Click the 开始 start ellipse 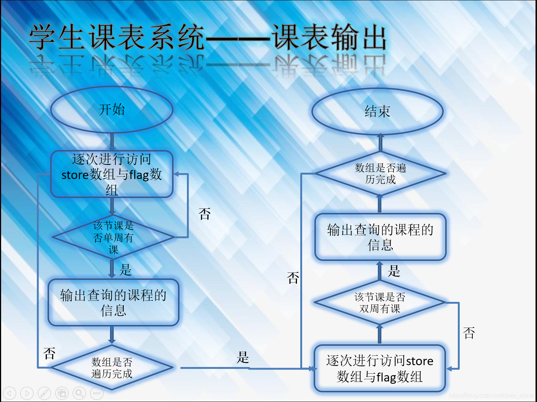112,110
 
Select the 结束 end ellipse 377,111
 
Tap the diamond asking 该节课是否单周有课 113,237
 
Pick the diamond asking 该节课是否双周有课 379,303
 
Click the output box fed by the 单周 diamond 113,303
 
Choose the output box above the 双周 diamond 380,237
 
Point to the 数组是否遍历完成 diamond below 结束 380,173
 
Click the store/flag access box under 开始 112,174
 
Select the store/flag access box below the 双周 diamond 379,368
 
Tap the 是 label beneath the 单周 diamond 126,269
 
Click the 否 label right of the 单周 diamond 204,214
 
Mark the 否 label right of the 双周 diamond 469,332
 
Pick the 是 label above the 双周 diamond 394,271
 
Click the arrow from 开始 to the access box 112,141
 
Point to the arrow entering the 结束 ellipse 380,142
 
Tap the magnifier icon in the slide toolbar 79,393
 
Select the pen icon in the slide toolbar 44,393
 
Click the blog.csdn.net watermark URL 491,395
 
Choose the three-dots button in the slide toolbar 97,393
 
